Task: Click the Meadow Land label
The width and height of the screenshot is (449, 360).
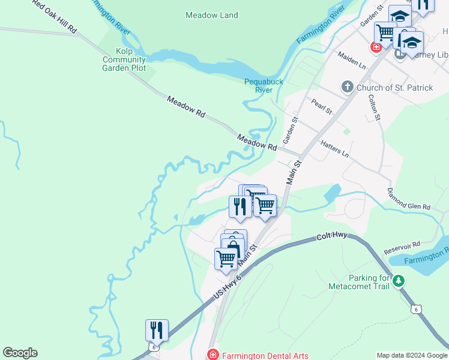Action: [212, 15]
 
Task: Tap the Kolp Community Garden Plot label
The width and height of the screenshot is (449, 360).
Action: [124, 60]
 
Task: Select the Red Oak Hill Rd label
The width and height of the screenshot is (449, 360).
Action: [55, 16]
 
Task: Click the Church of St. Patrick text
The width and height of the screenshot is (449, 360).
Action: [394, 88]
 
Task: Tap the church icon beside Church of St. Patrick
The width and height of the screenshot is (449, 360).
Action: [347, 88]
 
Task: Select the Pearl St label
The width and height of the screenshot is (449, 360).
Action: [322, 107]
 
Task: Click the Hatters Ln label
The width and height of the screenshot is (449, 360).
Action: [334, 149]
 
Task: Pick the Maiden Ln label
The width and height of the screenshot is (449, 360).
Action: [352, 59]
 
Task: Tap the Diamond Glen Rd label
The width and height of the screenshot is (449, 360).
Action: [409, 199]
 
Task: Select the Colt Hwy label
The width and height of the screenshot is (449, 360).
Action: [333, 238]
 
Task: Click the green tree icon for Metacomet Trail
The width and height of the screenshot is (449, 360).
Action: [399, 280]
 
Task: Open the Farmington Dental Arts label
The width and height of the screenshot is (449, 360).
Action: [265, 355]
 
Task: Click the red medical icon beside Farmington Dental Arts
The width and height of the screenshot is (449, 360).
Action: [212, 355]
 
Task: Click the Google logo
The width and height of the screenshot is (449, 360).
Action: [20, 353]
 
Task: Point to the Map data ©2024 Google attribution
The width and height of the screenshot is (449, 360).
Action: [411, 355]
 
